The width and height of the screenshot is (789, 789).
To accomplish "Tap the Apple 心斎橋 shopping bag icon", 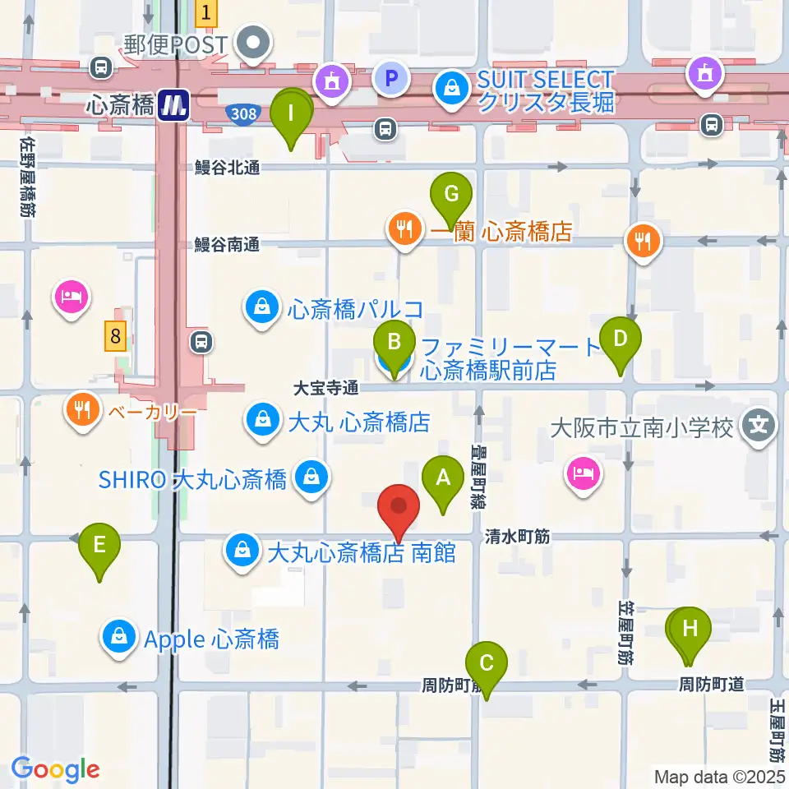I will (x=120, y=639).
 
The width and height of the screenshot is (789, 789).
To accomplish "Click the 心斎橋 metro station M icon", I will (x=174, y=103).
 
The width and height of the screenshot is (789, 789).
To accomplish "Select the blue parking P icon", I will (x=391, y=79).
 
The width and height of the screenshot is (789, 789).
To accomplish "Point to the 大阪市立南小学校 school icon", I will (x=758, y=426).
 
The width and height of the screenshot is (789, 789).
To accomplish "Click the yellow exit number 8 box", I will (x=116, y=335).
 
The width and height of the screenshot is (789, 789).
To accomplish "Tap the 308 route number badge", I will (x=244, y=114).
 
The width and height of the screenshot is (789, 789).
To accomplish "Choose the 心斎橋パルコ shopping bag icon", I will (x=261, y=309).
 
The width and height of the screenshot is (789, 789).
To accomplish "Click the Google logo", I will (x=55, y=769).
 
